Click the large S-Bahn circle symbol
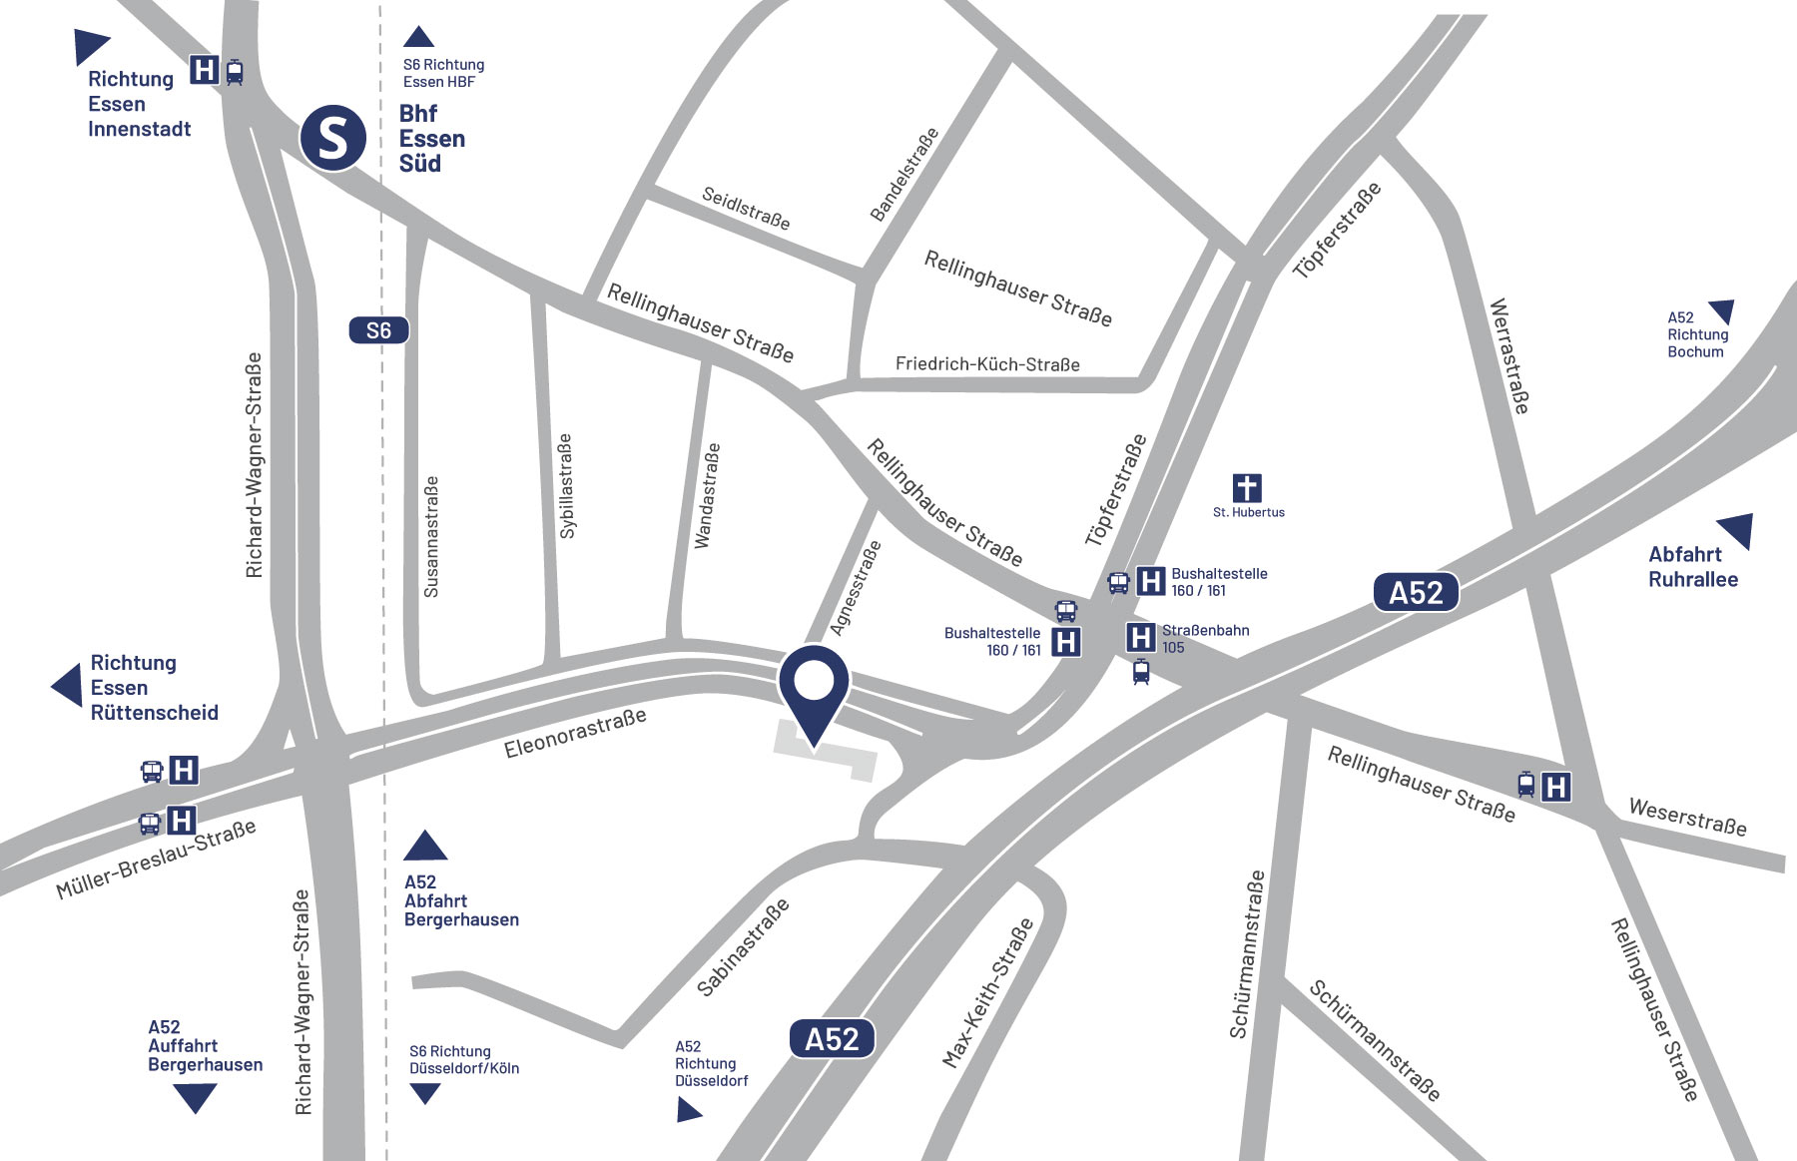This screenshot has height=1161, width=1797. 333,138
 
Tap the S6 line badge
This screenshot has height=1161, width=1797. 378,330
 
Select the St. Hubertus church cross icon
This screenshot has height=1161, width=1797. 1247,487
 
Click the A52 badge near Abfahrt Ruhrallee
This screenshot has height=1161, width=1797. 1416,592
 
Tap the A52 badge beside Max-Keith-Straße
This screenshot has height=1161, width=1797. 832,1039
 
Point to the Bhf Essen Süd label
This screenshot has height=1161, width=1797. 431,139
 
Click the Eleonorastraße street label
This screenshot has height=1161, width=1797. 575,734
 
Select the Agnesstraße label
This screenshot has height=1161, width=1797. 857,588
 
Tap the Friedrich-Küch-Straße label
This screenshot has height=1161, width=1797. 987,364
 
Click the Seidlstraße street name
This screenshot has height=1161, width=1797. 746,208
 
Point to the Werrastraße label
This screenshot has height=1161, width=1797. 1508,355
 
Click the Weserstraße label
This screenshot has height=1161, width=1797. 1687,817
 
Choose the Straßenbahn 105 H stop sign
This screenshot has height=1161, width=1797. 1140,637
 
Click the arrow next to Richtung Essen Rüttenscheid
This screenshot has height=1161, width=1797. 68,686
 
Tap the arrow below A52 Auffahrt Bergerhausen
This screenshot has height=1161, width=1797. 195,1097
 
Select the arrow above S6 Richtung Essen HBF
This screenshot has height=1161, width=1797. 418,37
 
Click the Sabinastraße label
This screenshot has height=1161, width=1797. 743,946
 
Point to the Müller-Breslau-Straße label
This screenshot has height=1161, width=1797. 156,859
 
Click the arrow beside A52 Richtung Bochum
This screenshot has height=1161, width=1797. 1722,310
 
